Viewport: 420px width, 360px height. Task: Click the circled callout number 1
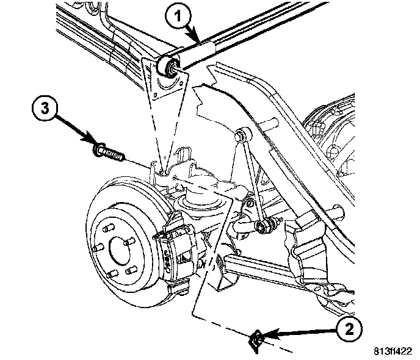coord(178,16)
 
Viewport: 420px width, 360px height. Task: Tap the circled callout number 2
coord(349,330)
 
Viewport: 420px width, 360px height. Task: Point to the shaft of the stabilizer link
coord(252,177)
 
